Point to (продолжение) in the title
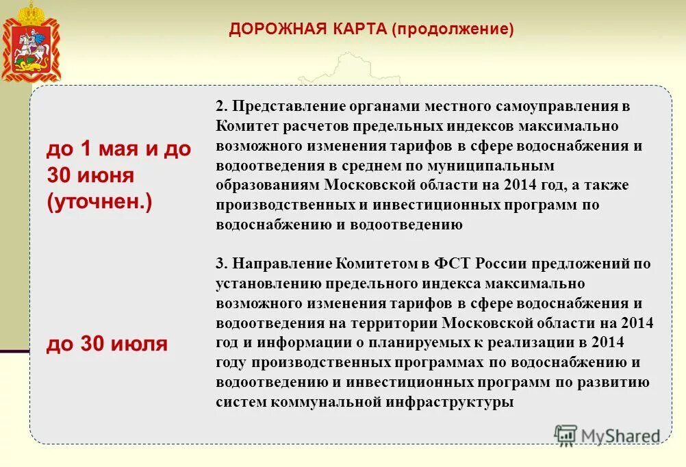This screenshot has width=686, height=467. tap(453, 29)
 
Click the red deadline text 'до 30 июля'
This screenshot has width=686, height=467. tap(107, 344)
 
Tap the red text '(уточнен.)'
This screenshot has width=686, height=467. tap(99, 203)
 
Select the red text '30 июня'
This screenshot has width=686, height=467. tap(90, 175)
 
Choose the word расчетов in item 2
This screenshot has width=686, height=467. tap(316, 127)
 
